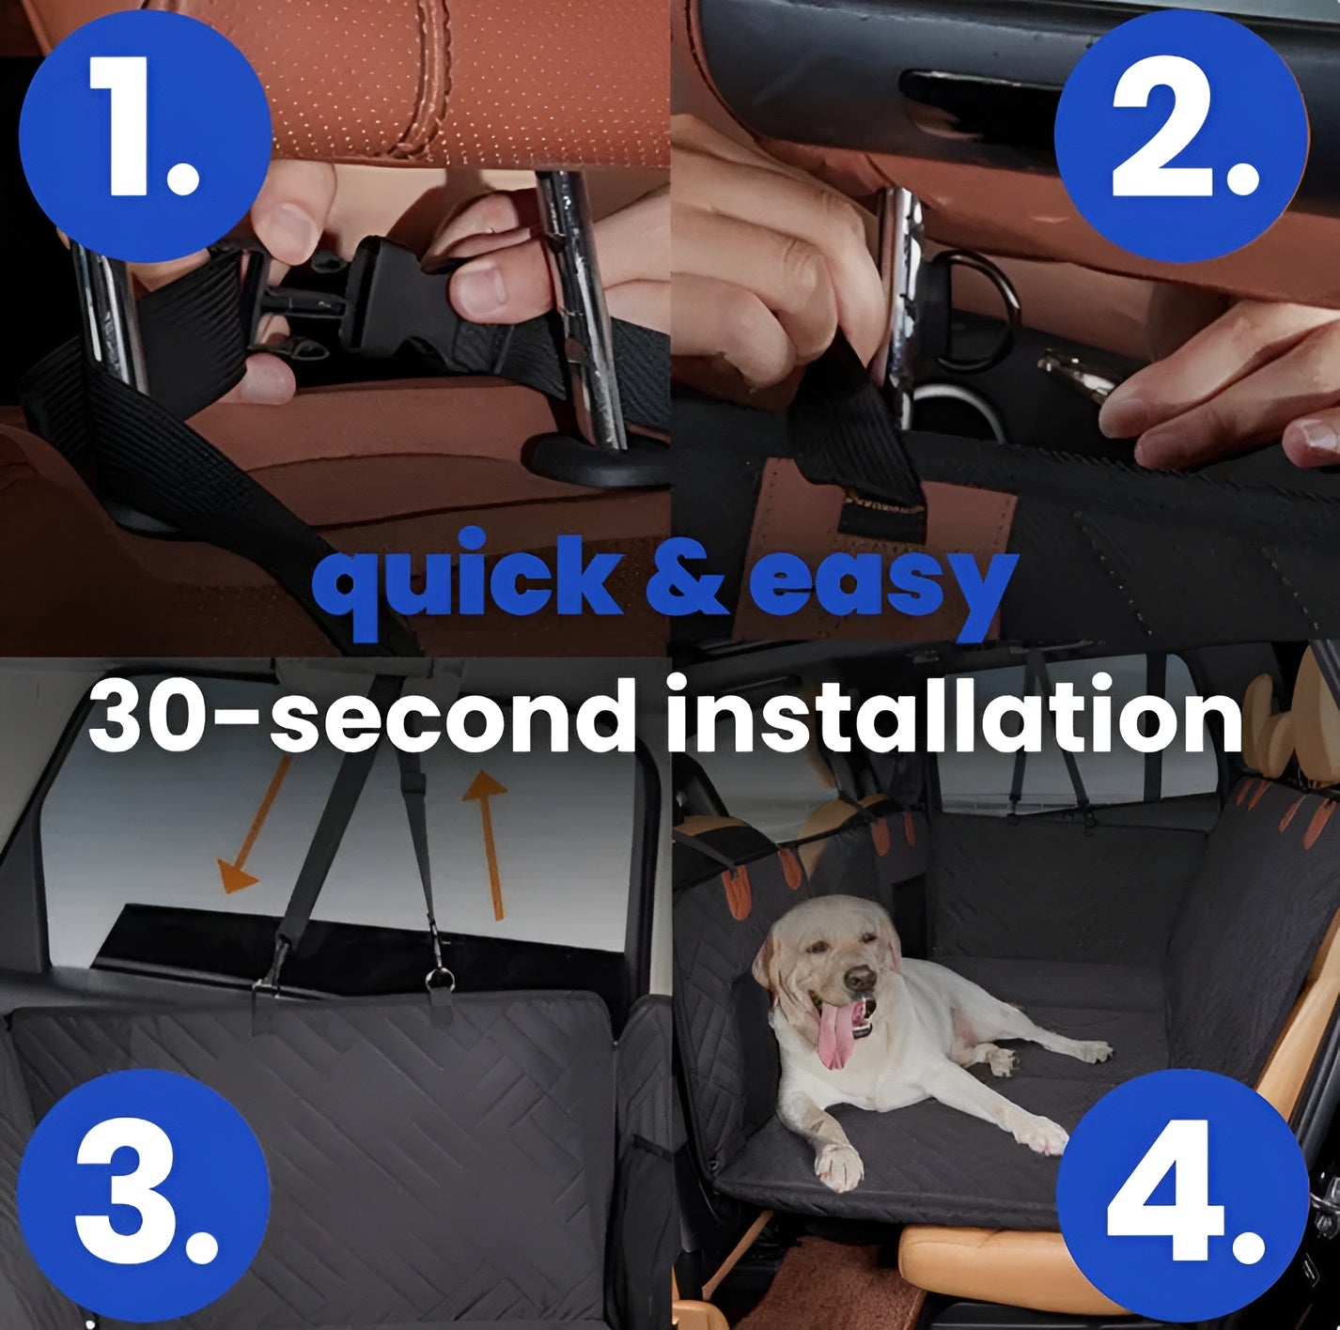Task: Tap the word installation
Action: (x=954, y=716)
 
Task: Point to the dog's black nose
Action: (x=859, y=979)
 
